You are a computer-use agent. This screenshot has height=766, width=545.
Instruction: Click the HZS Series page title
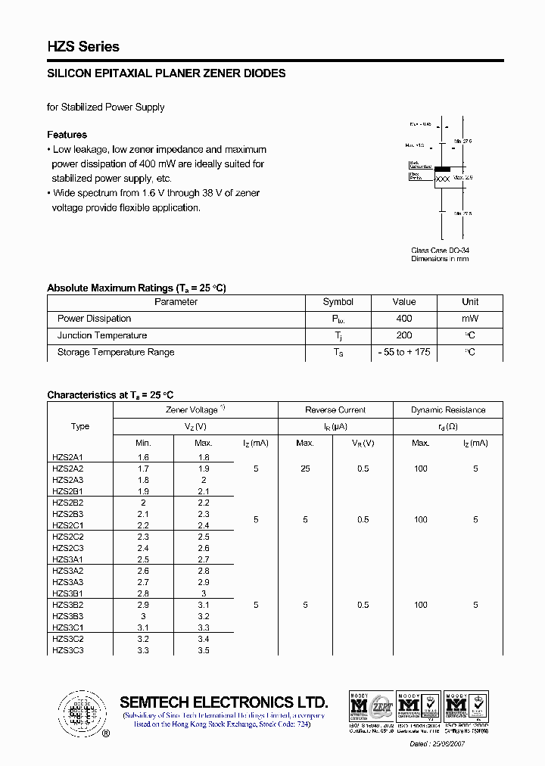point(83,46)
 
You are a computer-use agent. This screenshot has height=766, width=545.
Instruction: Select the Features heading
point(67,135)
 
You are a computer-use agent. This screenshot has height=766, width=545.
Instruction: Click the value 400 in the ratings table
point(403,319)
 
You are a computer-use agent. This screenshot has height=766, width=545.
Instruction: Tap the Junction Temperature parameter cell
point(102,335)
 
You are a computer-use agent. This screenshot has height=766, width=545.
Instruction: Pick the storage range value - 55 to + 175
point(404,352)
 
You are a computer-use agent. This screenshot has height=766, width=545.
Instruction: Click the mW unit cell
point(470,319)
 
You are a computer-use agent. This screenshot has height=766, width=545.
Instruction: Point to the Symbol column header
point(338,301)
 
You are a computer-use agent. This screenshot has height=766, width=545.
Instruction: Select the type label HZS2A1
point(68,457)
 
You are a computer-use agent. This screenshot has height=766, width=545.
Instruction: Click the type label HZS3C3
point(68,650)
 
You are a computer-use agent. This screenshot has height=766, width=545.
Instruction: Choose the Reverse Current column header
point(335,409)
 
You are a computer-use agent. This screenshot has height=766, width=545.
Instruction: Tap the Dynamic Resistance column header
point(448,409)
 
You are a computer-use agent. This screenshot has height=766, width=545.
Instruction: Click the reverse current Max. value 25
point(305,469)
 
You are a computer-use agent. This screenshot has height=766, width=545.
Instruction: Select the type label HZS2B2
point(68,503)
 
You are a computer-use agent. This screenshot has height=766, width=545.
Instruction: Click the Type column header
point(80,426)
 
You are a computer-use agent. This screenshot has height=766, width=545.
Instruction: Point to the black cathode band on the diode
point(441,168)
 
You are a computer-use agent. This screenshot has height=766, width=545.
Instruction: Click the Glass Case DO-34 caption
point(440,250)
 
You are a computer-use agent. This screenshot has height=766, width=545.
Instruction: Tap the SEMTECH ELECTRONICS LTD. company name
point(223,702)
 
